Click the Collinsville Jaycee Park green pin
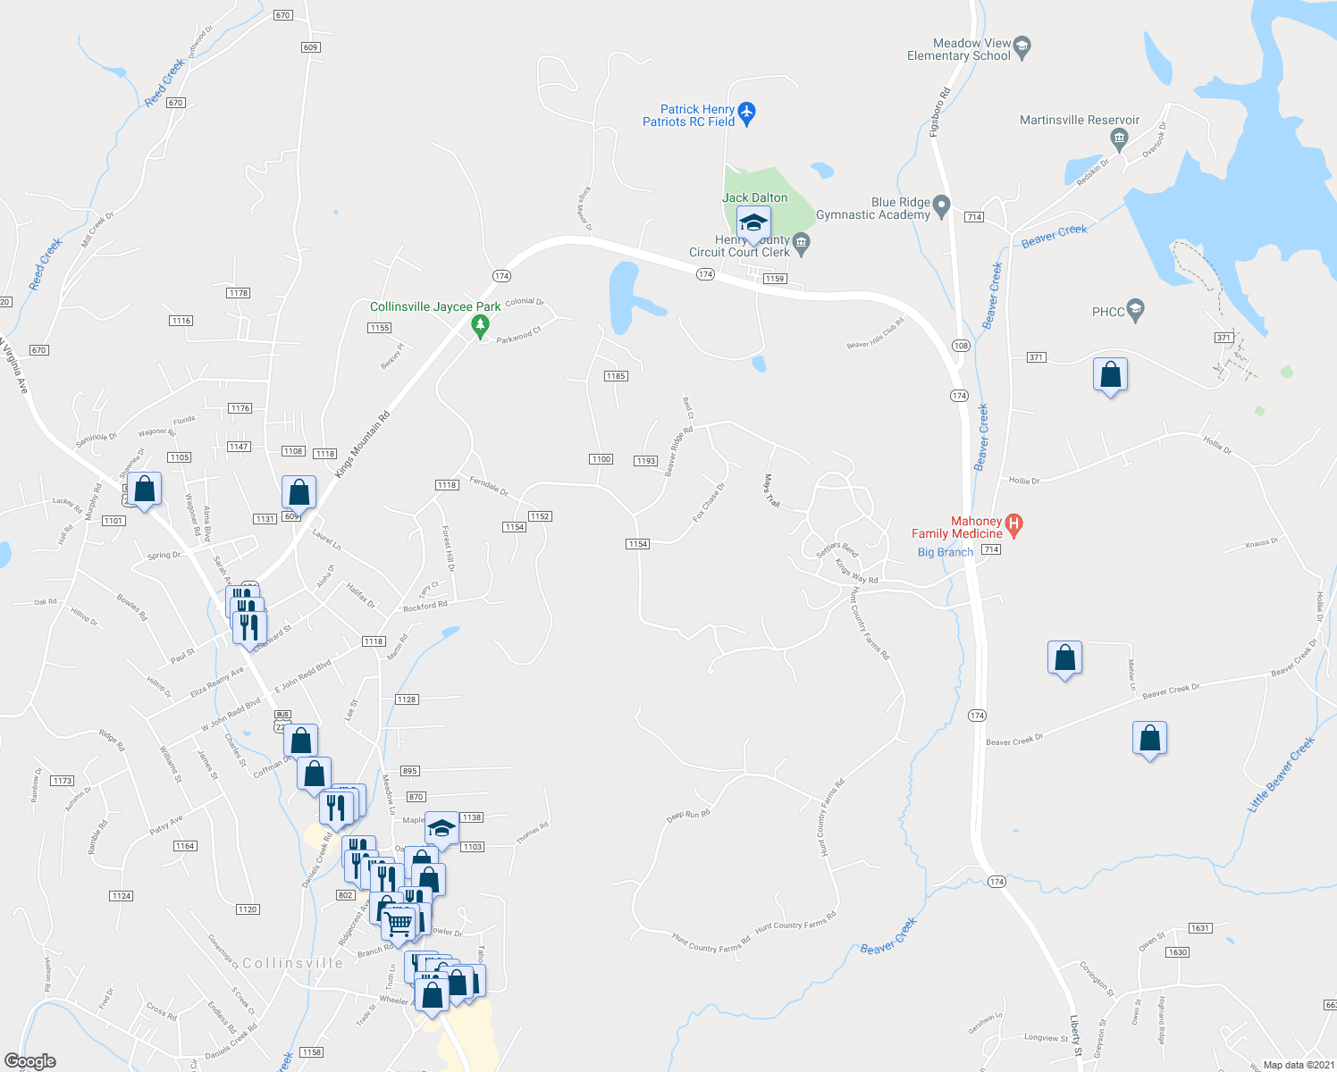coord(480,326)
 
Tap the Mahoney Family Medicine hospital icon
coord(1013,526)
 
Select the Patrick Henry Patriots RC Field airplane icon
coord(747,113)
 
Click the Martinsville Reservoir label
coord(1079,120)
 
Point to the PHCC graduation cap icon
coord(1135,311)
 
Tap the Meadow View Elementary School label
coord(958,49)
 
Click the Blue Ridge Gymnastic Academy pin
coord(941,207)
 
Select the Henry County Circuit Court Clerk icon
coord(801,244)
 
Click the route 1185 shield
coord(616,376)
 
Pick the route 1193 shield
coord(646,461)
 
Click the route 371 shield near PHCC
coord(1223,338)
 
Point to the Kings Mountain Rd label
coord(362,444)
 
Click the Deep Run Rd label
coord(687,815)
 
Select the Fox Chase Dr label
coord(709,503)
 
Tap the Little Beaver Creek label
coord(1281,774)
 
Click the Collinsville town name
coord(292,963)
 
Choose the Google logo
coord(30,1061)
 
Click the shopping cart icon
coord(399,921)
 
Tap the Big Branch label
coord(945,552)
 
